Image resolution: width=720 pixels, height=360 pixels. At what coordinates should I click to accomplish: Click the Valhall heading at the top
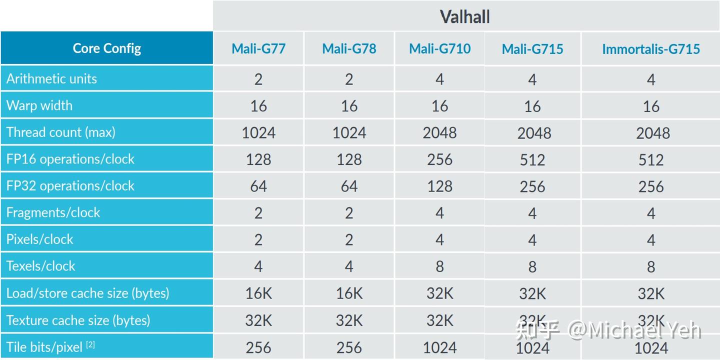coord(465,17)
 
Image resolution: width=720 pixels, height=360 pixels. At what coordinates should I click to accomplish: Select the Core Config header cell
coord(107,48)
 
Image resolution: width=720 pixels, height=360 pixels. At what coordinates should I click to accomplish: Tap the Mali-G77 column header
coord(258,48)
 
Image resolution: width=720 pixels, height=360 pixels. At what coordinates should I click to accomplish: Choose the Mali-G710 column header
coord(439,48)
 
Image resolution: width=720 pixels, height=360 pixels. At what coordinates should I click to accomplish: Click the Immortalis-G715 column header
coord(650,48)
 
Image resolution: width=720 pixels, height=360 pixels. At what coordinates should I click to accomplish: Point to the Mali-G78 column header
coord(349,48)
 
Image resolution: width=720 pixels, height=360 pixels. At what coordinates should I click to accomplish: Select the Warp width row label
coord(39,105)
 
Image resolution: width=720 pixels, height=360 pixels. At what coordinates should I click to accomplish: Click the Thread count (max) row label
coord(61,132)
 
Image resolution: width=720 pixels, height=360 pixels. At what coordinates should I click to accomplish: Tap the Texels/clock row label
coord(41,265)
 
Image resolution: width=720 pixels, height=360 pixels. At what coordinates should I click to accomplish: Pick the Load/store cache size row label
coord(88,292)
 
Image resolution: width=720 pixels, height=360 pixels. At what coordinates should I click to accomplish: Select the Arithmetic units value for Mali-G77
coord(258,79)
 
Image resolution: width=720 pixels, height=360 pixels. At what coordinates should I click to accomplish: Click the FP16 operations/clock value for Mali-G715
coord(532,159)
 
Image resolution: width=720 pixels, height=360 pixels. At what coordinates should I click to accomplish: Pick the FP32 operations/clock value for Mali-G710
coord(439,186)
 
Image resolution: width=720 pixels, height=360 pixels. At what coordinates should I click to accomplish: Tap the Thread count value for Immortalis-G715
coord(650,132)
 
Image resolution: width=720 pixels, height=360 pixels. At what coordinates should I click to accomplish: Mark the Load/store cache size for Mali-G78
coord(349,293)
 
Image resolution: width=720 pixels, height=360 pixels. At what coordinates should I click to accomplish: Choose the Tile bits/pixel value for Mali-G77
coord(258,347)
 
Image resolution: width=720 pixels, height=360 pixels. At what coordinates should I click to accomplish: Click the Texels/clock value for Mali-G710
coord(439,266)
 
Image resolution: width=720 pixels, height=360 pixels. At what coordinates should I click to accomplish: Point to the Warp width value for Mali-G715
coord(532,106)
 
